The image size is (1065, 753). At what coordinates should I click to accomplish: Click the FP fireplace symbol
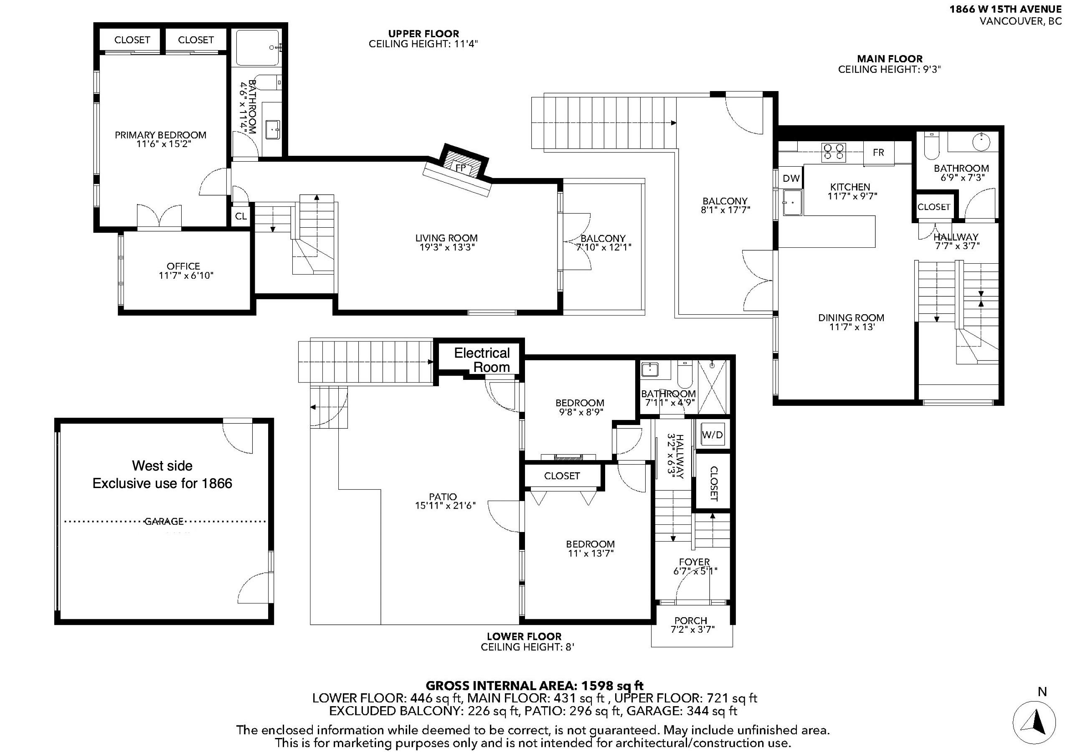click(461, 168)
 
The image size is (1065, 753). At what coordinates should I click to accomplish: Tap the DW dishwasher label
click(791, 178)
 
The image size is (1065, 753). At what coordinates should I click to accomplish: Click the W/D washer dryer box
click(713, 435)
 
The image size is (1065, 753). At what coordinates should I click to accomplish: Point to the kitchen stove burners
click(834, 152)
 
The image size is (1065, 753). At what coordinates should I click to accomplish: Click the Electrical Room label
click(482, 360)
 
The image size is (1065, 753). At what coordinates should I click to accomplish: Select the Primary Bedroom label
click(160, 135)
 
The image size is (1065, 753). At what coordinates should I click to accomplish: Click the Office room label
click(183, 266)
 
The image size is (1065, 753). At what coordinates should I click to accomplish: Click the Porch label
click(691, 620)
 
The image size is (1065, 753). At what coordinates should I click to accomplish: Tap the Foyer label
click(695, 562)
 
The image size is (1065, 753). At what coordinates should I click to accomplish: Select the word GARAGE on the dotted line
click(164, 522)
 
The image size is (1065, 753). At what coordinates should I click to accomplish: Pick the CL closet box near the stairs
click(241, 216)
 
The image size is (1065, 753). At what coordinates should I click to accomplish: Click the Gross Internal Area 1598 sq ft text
click(534, 686)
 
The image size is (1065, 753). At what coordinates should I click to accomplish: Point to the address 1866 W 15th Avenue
click(1005, 9)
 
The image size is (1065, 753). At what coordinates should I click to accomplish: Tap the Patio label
click(443, 496)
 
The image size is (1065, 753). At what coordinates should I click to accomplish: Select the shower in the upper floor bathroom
click(258, 48)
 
